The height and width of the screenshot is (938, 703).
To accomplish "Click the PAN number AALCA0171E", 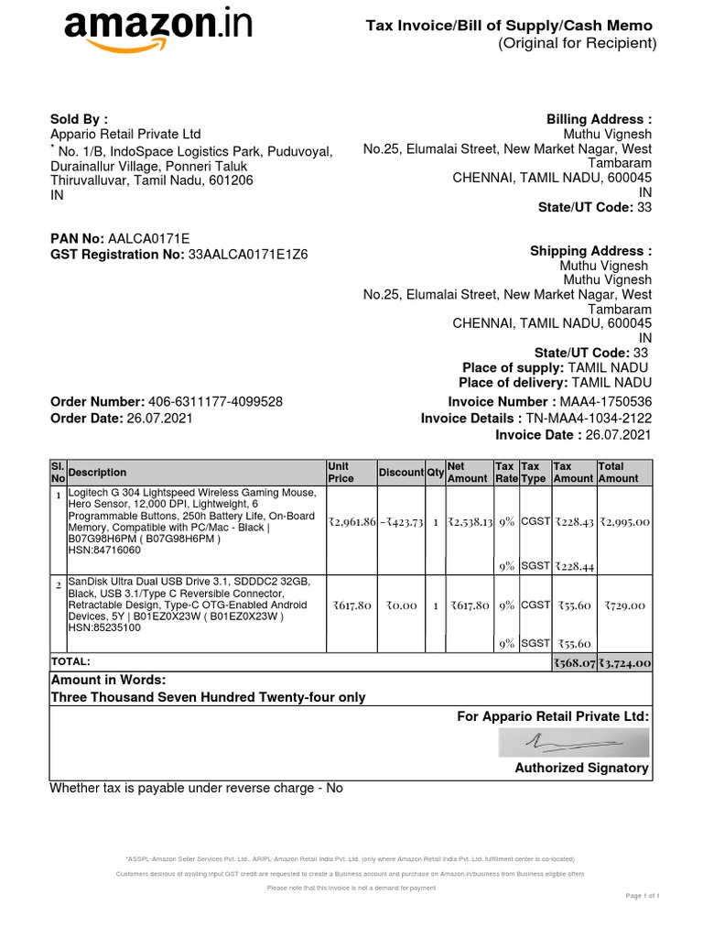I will click(148, 238).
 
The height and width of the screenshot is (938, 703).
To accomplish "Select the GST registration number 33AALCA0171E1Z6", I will click(248, 255).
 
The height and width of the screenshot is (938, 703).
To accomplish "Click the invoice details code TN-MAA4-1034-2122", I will click(588, 419).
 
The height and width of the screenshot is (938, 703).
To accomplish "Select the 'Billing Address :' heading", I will click(599, 120).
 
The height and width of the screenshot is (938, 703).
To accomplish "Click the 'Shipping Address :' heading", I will click(590, 251).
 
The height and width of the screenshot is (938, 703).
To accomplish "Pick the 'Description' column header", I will click(98, 473).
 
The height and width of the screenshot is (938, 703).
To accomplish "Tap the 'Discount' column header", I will click(401, 473).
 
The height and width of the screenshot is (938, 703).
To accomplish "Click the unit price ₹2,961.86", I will click(351, 522).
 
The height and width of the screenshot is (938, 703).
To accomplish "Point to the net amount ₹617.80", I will click(470, 605).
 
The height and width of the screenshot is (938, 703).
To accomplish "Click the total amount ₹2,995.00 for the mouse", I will click(623, 522).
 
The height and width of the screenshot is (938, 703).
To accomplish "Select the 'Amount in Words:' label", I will click(108, 680).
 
